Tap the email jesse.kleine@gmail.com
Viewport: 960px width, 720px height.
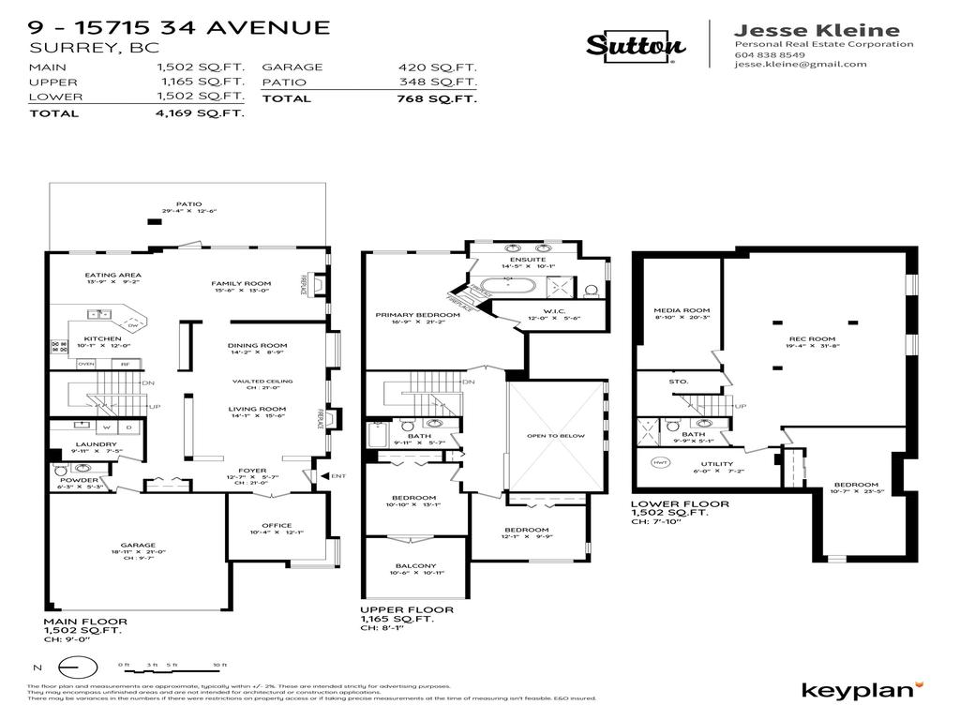(x=801, y=65)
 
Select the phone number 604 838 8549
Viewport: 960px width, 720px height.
(x=770, y=54)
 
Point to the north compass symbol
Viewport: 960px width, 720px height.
(x=78, y=667)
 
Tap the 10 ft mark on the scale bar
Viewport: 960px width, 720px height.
(x=220, y=664)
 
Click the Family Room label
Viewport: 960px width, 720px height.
(x=241, y=283)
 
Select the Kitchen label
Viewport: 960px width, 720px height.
(x=103, y=338)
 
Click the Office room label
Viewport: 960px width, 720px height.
(x=277, y=526)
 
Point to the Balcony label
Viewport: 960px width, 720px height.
(x=415, y=566)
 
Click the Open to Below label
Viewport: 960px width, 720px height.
(x=555, y=436)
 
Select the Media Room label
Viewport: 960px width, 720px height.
(x=682, y=310)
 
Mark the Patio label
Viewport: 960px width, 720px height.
(x=188, y=204)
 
